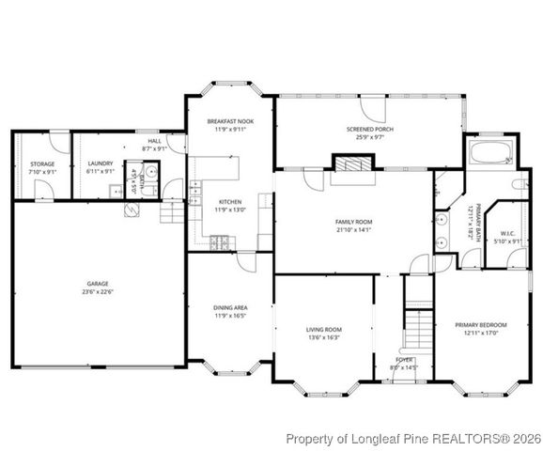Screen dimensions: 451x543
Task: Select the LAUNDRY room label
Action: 101,163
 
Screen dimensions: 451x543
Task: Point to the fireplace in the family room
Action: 352,165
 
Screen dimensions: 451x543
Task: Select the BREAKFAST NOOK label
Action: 230,120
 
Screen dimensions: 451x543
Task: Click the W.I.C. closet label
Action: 507,233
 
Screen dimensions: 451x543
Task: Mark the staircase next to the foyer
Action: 417,323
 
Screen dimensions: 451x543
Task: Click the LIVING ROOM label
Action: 323,330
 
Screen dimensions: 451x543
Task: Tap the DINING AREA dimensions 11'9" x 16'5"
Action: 230,316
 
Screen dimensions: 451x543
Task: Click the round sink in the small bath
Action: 149,173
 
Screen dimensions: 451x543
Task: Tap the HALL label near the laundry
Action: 153,141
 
